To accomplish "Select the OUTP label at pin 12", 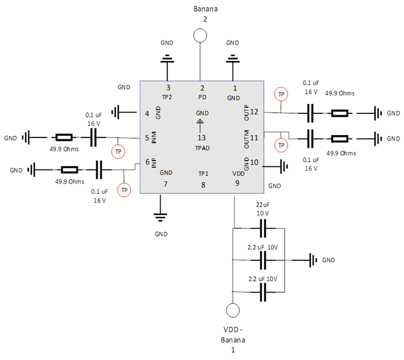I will [246, 112].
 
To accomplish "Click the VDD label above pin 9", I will [238, 174].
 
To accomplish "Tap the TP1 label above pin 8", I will [203, 174].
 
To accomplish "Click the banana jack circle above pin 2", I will [201, 36].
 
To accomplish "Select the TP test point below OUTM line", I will [281, 145].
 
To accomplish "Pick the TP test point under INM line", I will [118, 152].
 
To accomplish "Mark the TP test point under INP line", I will [123, 190].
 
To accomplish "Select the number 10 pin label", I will [255, 162].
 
